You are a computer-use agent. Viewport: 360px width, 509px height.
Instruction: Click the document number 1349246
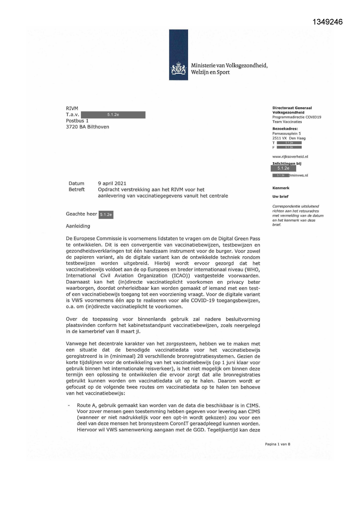tap(328, 22)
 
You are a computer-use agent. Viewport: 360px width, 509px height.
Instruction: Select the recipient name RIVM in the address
tap(72, 109)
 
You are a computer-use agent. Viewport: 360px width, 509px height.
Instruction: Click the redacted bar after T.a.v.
tap(113, 115)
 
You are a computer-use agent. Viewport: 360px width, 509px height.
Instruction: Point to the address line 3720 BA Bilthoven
tap(87, 127)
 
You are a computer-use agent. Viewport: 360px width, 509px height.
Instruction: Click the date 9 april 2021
tap(112, 183)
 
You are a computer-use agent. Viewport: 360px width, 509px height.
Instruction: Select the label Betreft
tap(77, 189)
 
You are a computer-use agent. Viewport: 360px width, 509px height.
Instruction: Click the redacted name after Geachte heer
tap(106, 215)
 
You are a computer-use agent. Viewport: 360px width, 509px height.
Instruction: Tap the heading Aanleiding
tap(78, 226)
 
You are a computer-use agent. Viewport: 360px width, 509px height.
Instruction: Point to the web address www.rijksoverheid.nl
tap(290, 157)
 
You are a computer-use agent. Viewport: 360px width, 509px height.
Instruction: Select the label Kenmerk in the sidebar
tap(281, 188)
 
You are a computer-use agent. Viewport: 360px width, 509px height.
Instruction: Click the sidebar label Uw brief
tap(280, 196)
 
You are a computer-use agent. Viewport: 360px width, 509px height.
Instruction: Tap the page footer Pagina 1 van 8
tap(277, 444)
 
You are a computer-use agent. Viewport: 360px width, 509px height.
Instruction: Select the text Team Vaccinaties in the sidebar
tap(287, 122)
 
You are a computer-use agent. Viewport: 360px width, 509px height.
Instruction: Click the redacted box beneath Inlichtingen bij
tap(283, 168)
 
